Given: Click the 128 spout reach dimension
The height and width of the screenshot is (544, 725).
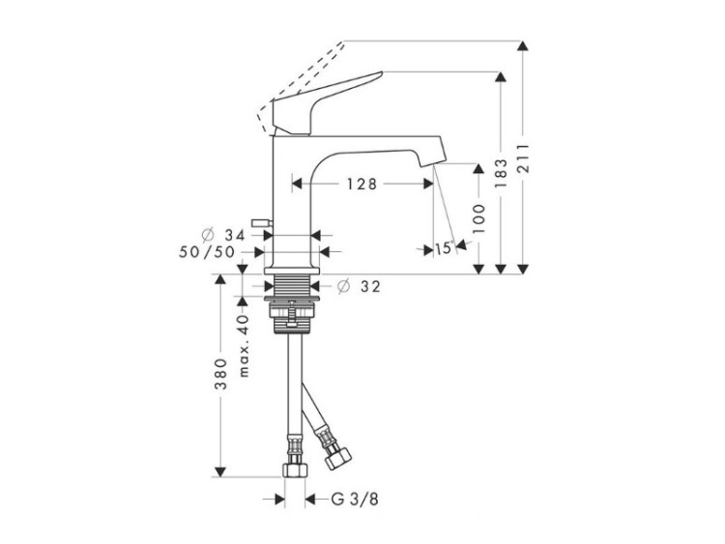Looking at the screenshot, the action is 362,184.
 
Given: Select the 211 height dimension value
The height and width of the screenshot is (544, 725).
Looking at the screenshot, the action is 523,158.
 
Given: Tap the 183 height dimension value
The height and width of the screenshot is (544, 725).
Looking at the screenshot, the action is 501,173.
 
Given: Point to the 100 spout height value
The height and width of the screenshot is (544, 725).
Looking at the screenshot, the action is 479,218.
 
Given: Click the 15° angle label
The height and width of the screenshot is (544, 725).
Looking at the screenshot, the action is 443,248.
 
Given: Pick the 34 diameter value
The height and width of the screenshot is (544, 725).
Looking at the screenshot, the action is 235,235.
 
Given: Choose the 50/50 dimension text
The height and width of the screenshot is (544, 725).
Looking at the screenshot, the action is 207,252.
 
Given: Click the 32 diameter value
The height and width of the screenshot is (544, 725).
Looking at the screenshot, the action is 370,287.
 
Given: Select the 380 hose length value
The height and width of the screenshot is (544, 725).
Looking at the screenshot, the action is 222,373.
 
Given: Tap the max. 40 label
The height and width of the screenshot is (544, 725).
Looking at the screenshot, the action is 244,346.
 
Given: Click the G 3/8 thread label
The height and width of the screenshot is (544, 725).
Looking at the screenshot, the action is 355,500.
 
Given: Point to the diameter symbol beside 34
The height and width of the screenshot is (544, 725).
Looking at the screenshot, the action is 208,235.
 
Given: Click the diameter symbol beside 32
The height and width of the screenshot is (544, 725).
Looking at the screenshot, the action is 343,287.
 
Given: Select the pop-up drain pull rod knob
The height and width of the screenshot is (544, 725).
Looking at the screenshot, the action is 259,223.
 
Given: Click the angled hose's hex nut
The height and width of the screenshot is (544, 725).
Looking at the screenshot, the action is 338,459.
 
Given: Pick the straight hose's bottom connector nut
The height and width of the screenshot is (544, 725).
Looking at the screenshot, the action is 295,470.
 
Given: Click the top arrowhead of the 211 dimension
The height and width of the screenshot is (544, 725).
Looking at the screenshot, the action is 523,45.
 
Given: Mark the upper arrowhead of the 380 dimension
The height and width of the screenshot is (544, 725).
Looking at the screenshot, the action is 220,279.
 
